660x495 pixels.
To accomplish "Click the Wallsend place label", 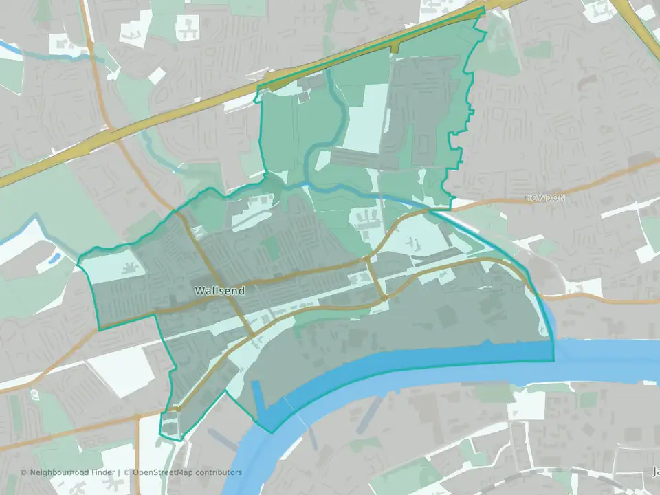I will tap(219, 291).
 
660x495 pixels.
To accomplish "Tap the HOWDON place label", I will tap(544, 198).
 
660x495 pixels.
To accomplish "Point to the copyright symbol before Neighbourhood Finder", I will tap(24, 472).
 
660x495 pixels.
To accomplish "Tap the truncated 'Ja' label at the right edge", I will tap(654, 472).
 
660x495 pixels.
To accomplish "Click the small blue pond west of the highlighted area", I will tap(54, 258).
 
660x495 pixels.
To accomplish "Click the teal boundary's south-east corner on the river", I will tap(553, 360).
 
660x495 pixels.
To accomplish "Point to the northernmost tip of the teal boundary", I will tap(484, 9).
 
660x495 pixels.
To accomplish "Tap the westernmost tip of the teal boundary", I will tap(78, 263).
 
